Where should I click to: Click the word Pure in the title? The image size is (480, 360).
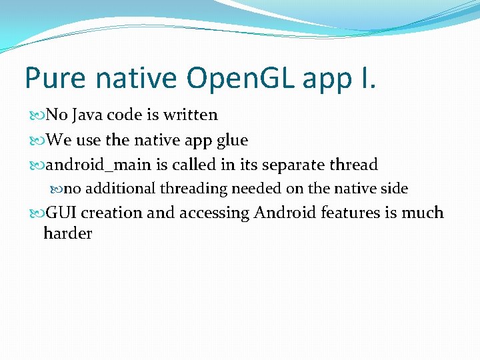tap(56, 78)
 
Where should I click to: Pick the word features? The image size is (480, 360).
tap(349, 213)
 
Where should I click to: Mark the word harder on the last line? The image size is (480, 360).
tap(67, 233)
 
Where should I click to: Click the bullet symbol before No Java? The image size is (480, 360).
tap(37, 115)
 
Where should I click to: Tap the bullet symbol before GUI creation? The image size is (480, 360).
tap(37, 214)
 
